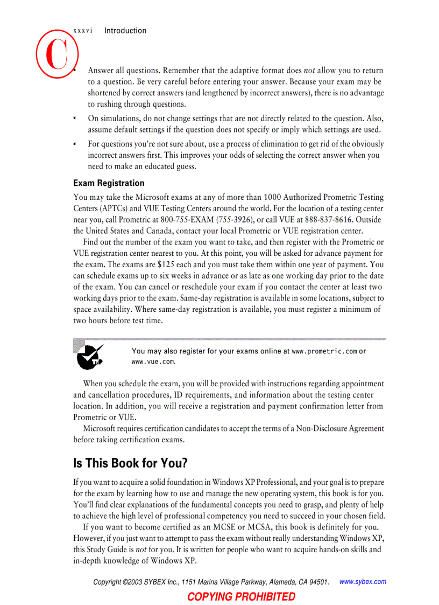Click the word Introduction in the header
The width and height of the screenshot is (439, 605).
125,31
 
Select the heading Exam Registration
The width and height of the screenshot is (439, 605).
109,183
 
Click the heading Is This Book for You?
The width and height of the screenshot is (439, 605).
130,463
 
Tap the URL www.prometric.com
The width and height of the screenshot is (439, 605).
324,352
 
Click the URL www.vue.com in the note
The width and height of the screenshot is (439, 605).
153,362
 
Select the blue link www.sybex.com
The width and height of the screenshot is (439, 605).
363,581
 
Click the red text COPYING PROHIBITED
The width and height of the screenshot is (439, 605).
241,596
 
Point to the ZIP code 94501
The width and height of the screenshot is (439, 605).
316,582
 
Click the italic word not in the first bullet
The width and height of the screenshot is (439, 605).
309,71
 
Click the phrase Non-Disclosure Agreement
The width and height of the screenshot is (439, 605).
340,429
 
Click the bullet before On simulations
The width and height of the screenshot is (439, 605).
75,118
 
